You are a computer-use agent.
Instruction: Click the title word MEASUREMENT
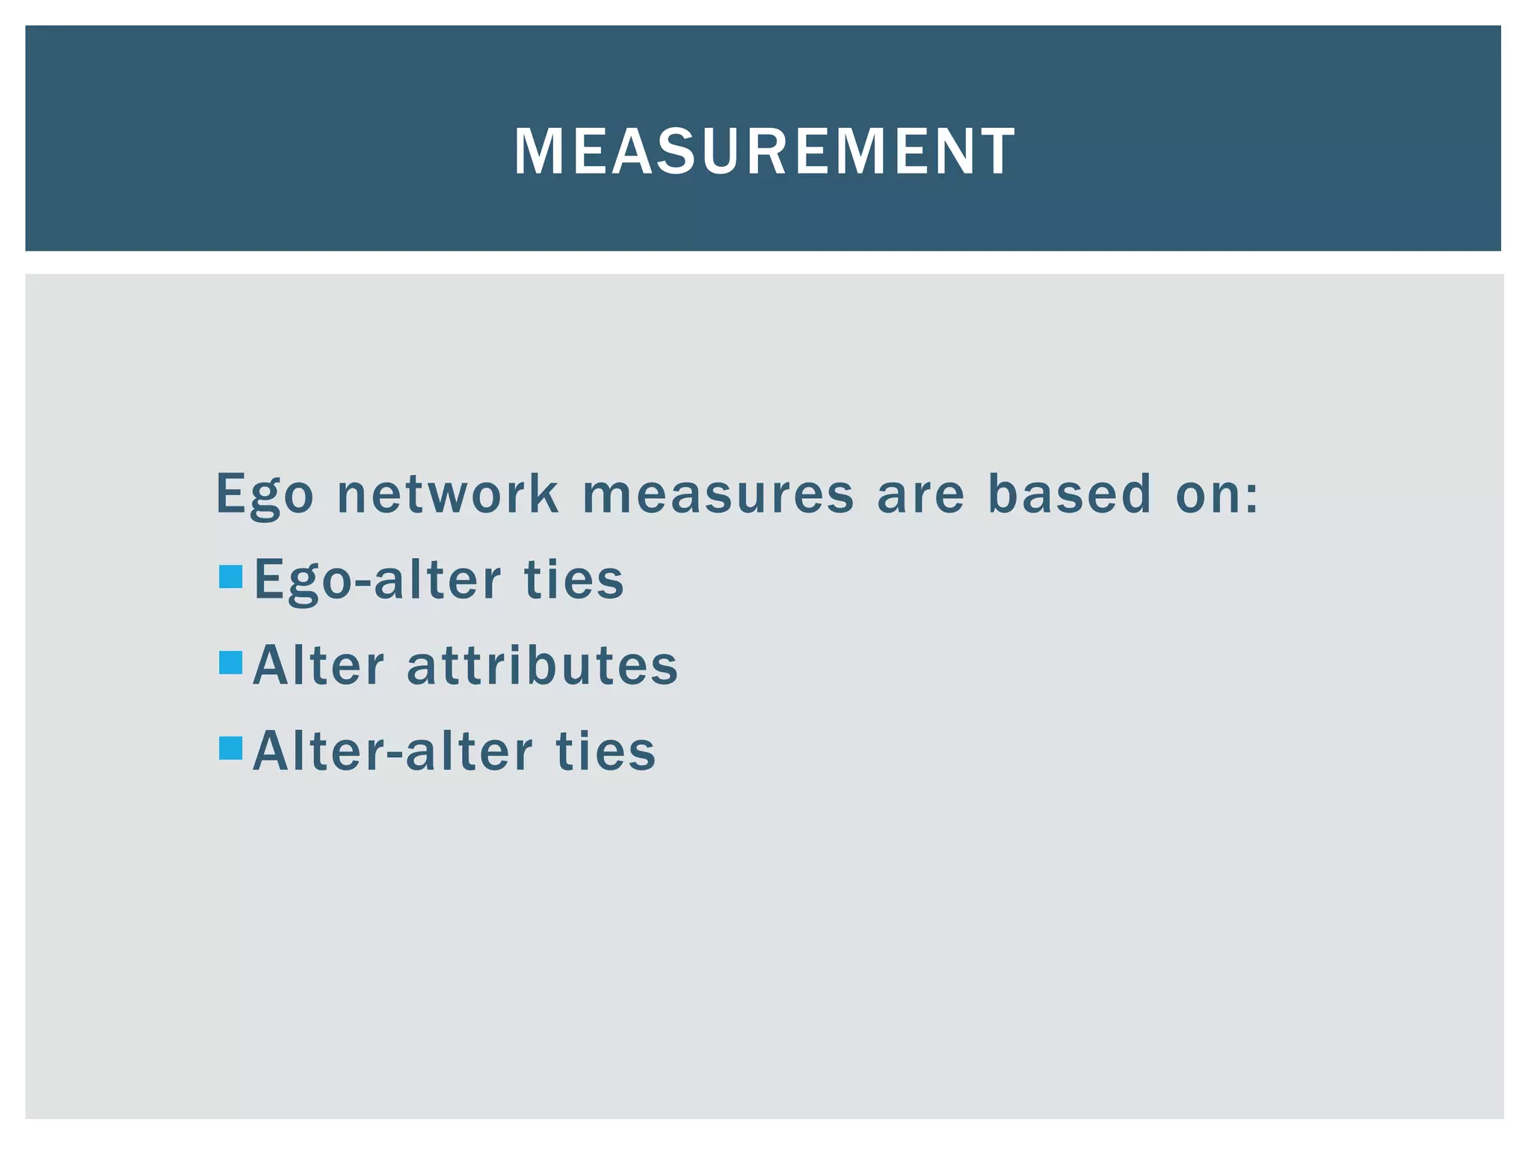pyautogui.click(x=764, y=152)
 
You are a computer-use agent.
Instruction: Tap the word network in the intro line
pyautogui.click(x=448, y=494)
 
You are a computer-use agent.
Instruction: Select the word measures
pyautogui.click(x=718, y=494)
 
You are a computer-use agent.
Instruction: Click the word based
pyautogui.click(x=1069, y=494)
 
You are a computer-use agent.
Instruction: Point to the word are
pyautogui.click(x=920, y=494)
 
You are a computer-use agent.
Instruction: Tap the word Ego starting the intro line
pyautogui.click(x=265, y=494)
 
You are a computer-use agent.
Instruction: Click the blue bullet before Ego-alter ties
pyautogui.click(x=231, y=577)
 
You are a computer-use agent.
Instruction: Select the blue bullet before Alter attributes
pyautogui.click(x=231, y=663)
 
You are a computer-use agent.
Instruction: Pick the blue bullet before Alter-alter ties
pyautogui.click(x=231, y=748)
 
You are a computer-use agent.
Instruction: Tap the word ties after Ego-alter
pyautogui.click(x=573, y=580)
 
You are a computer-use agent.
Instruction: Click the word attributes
pyautogui.click(x=542, y=666)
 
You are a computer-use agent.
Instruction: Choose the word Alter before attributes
pyautogui.click(x=318, y=666)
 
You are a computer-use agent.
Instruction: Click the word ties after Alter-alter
pyautogui.click(x=605, y=752)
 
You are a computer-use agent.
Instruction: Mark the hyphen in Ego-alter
pyautogui.click(x=363, y=583)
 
